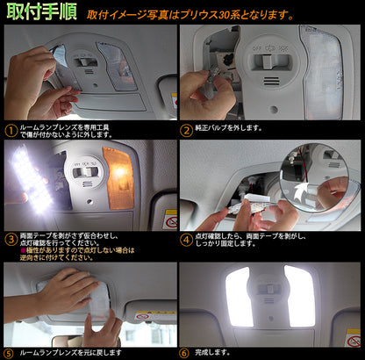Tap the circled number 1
pos(10,130)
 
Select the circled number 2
pos(185,130)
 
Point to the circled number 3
pos(10,236)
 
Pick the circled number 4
pos(185,236)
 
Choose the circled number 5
pos(10,352)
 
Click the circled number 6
pos(185,352)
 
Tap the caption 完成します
pos(216,352)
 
